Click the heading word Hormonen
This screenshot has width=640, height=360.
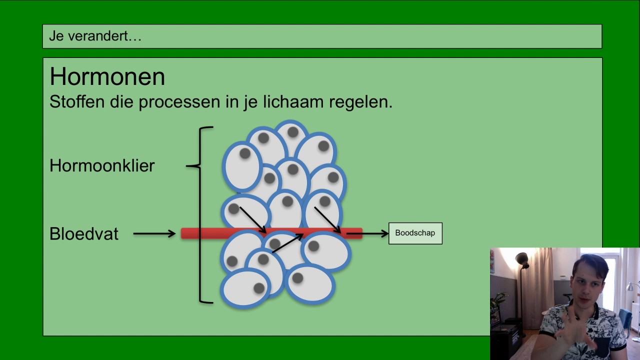point(107,76)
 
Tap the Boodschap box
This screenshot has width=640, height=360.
point(415,233)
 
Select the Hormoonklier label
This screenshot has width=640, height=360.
point(102,165)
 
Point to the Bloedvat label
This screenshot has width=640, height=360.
point(83,233)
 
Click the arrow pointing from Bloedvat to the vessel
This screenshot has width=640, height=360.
point(154,233)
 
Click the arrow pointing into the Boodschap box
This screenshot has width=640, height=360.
point(367,233)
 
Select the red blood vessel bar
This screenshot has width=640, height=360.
point(271,233)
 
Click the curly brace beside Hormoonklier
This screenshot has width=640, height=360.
point(199,214)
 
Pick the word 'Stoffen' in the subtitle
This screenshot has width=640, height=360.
point(77,101)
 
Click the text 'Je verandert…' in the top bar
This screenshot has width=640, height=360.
point(95,36)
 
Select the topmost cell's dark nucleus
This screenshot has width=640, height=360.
point(293,132)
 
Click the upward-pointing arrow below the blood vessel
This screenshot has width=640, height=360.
point(287,243)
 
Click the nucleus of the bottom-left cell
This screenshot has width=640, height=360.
point(259,288)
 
